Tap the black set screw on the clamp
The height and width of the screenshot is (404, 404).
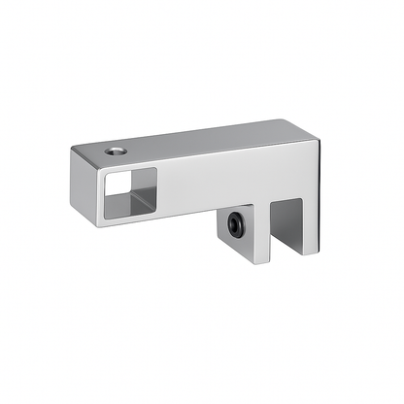(x=235, y=225)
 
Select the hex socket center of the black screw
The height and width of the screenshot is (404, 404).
(x=235, y=225)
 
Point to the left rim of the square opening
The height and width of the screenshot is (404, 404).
(x=104, y=194)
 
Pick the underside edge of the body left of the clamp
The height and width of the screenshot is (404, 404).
(x=165, y=215)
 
